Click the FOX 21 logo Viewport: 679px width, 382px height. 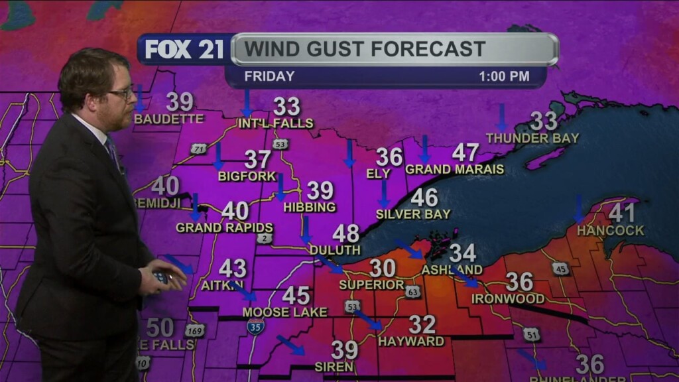pyautogui.click(x=184, y=50)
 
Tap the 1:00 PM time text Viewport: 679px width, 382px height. pyautogui.click(x=504, y=76)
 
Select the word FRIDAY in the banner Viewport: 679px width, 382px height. pyautogui.click(x=269, y=76)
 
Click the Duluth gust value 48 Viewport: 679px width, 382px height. pyautogui.click(x=345, y=233)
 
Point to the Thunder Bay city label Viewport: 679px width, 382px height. pyautogui.click(x=532, y=138)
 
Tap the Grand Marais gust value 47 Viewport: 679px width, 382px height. pyautogui.click(x=465, y=153)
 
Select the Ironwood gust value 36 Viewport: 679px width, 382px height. pyautogui.click(x=520, y=282)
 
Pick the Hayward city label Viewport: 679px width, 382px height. pyautogui.click(x=411, y=342)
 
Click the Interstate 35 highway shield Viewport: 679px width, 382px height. pyautogui.click(x=255, y=326)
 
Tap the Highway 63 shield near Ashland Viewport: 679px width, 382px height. pyautogui.click(x=413, y=291)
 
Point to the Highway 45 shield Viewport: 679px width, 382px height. pyautogui.click(x=560, y=269)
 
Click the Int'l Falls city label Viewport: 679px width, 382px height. pyautogui.click(x=275, y=123)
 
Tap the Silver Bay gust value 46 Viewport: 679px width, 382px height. pyautogui.click(x=424, y=198)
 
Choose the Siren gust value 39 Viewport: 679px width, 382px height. pyautogui.click(x=345, y=350)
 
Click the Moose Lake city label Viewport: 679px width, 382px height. pyautogui.click(x=284, y=312)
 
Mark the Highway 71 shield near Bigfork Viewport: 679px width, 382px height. pyautogui.click(x=198, y=149)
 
